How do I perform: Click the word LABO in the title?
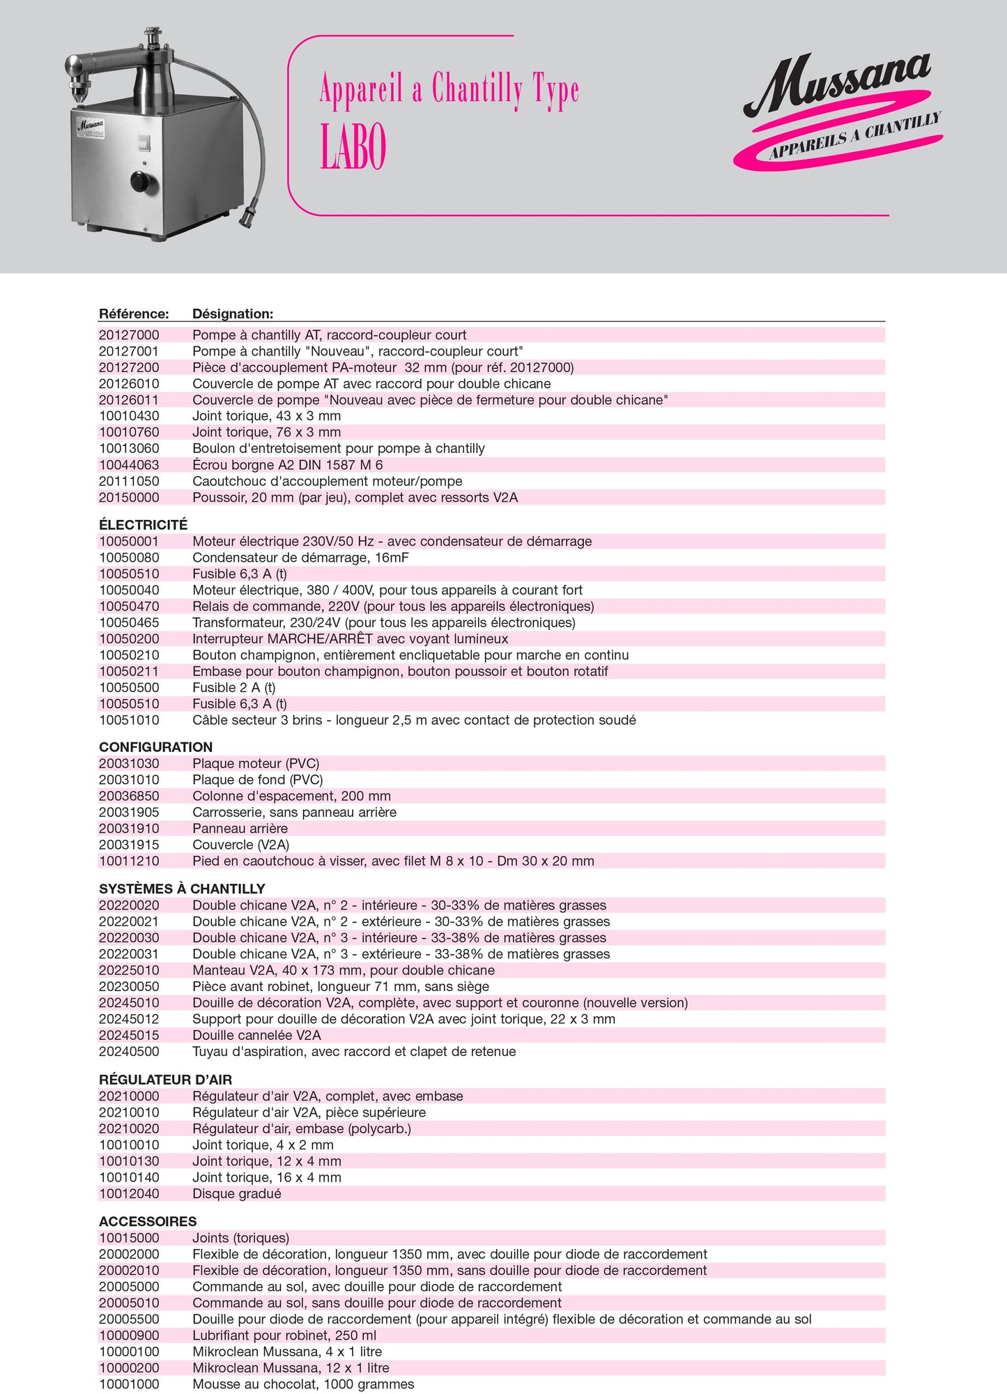tap(353, 148)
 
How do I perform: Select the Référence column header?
tap(134, 314)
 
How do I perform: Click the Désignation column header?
tap(233, 314)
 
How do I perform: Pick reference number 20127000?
tap(129, 335)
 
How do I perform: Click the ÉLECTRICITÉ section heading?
tap(143, 524)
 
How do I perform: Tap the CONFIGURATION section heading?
tap(155, 746)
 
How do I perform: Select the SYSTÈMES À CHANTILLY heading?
tap(182, 889)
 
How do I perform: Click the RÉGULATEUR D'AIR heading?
tap(165, 1080)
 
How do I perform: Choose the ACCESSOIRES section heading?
tap(148, 1221)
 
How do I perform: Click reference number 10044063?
tap(129, 465)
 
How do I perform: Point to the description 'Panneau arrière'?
tap(240, 828)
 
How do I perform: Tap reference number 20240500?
tap(129, 1051)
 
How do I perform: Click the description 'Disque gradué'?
tap(237, 1193)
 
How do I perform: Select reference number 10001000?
tap(129, 1384)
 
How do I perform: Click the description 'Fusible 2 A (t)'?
tap(234, 687)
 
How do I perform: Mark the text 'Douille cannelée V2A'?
tap(256, 1035)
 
